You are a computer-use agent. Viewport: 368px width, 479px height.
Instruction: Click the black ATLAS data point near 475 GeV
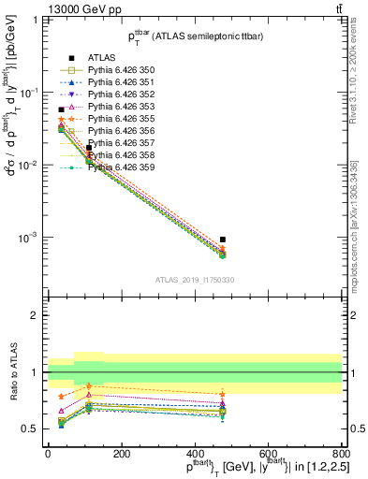tap(222, 239)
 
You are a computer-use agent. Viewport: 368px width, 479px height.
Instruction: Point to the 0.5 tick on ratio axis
tap(32, 429)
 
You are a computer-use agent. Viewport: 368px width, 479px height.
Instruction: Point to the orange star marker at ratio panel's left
tap(62, 397)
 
